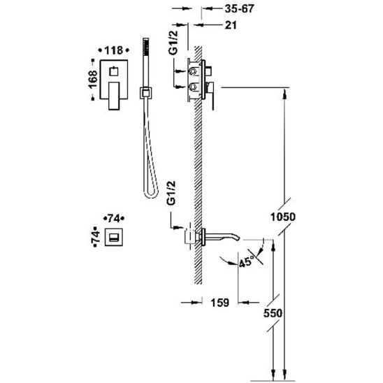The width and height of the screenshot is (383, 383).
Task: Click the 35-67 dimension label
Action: click(x=239, y=9)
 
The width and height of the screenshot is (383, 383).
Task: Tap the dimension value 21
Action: click(x=231, y=25)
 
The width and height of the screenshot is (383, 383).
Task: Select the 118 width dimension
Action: click(x=114, y=50)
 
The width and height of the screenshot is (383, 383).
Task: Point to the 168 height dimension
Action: click(x=93, y=80)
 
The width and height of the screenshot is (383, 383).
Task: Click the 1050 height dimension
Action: click(x=283, y=217)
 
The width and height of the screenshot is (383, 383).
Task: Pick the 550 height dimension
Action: click(x=273, y=313)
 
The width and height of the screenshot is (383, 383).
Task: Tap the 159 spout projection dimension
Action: click(x=220, y=303)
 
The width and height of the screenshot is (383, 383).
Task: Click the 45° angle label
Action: click(x=247, y=262)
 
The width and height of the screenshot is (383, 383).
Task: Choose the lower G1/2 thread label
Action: click(x=171, y=193)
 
